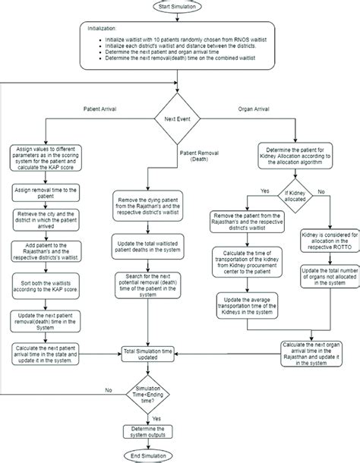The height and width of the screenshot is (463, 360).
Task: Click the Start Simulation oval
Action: (179, 7)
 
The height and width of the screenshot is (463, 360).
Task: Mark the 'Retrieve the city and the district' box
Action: (47, 222)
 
